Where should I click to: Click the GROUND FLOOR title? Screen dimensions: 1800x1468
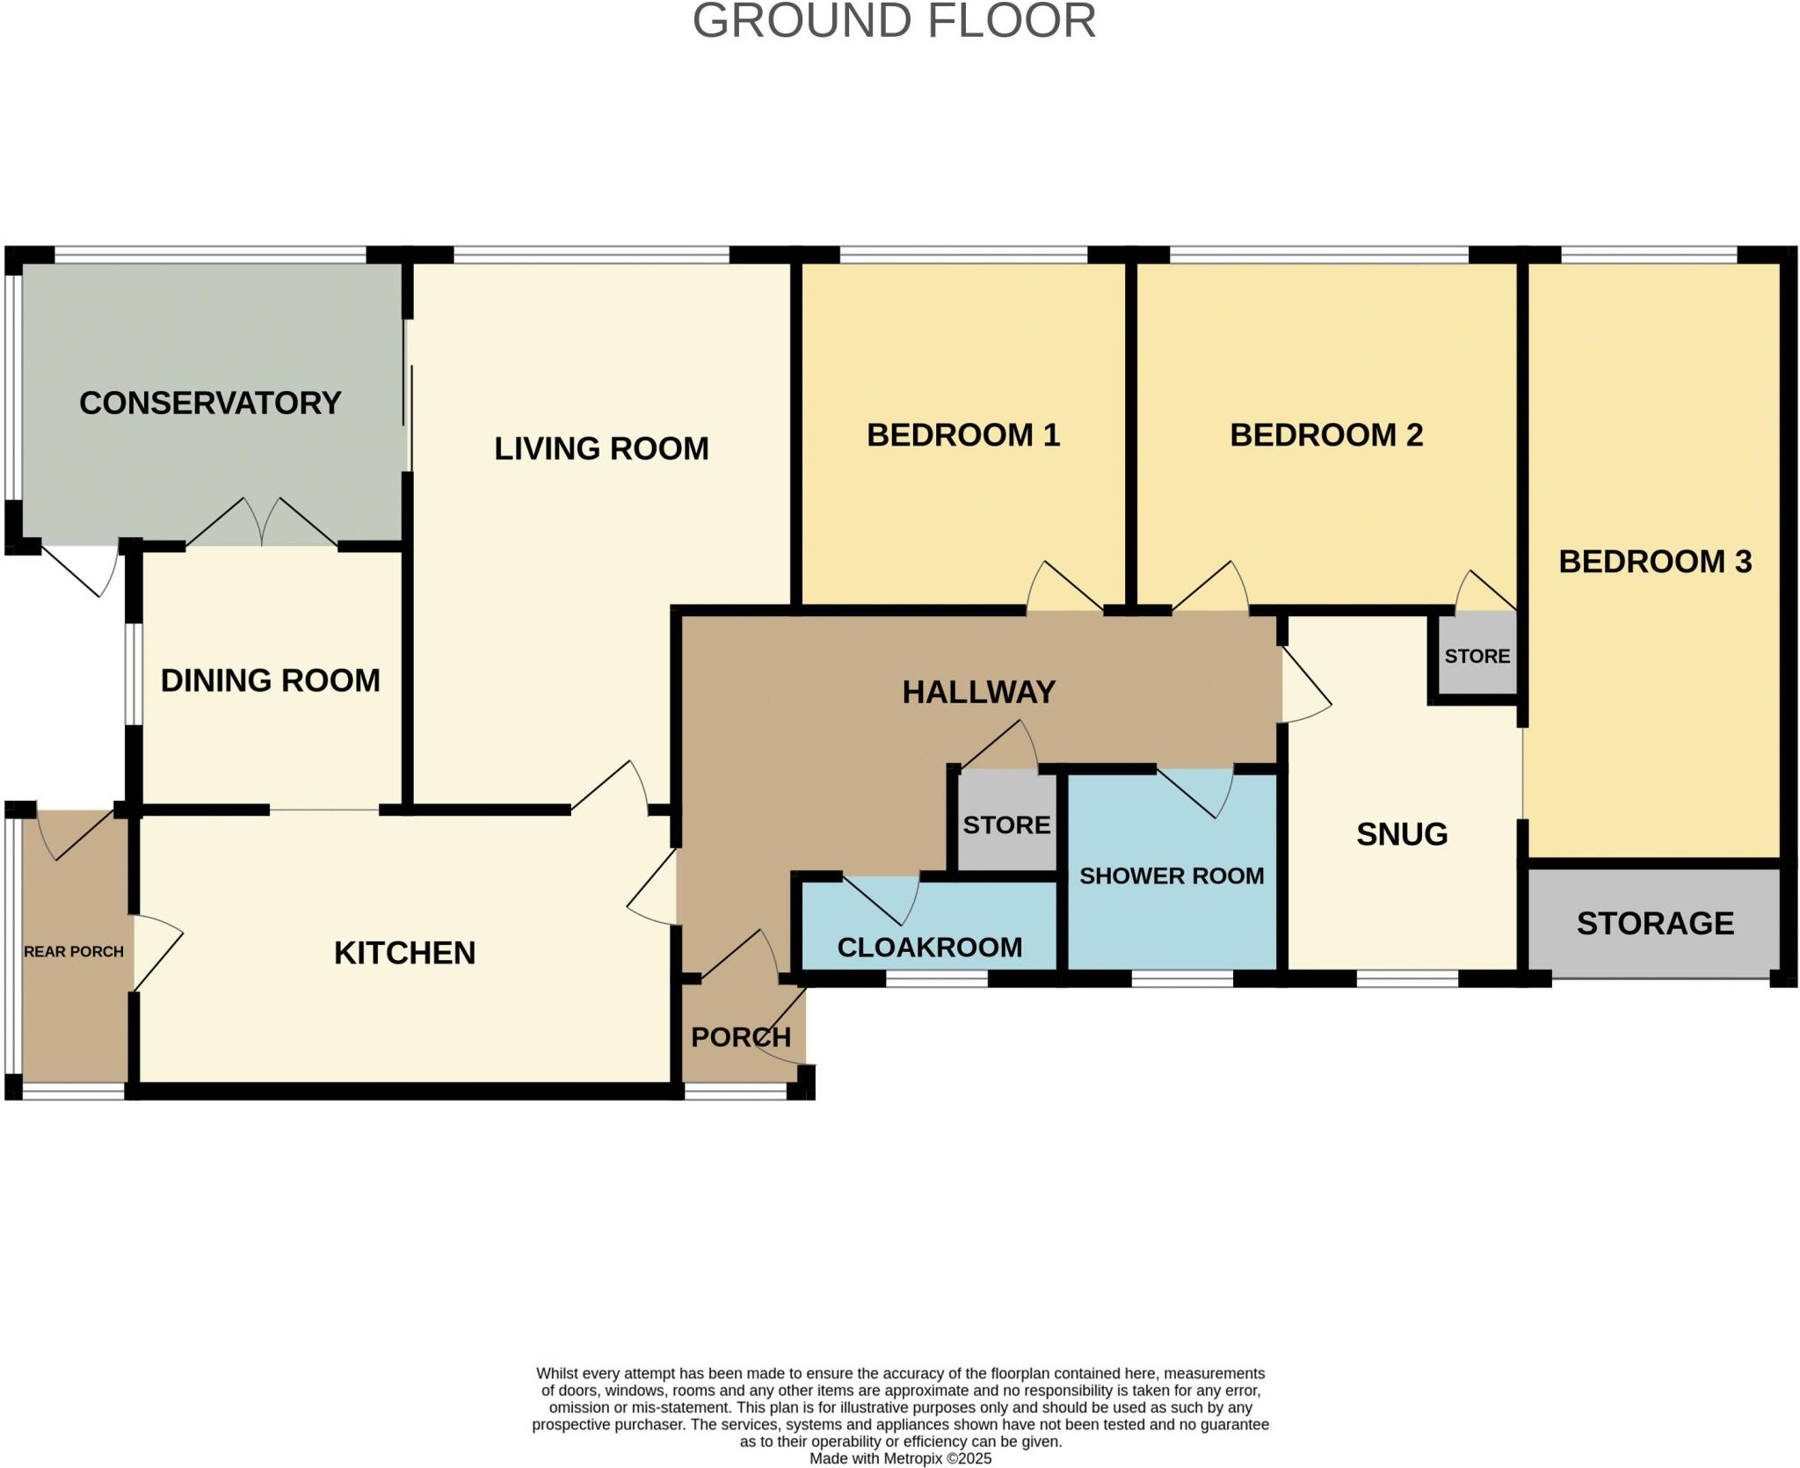coord(894,21)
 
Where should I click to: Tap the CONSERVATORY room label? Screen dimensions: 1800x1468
coord(210,403)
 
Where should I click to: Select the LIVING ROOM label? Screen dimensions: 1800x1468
coord(601,448)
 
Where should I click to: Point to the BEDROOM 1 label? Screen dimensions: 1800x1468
coord(963,435)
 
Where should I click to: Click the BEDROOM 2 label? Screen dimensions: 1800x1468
coord(1326,435)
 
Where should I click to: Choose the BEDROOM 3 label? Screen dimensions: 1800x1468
coord(1655,562)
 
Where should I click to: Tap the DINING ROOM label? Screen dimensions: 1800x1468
coord(271,680)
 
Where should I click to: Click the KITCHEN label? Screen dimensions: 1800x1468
coord(404,953)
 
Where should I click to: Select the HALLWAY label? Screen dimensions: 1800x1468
coord(978,693)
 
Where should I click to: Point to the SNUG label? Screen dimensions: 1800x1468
coord(1402,834)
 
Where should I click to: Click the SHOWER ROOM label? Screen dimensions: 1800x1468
coord(1172,876)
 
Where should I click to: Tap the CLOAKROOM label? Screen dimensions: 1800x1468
coord(930,948)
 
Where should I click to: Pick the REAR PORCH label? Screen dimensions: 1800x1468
coord(74,951)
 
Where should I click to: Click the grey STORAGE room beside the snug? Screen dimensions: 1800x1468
coord(1654,923)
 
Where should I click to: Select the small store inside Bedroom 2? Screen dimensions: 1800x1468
coord(1477,656)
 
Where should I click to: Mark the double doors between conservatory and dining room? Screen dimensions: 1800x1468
coord(262,522)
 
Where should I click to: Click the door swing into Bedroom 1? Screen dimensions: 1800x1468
coord(1064,586)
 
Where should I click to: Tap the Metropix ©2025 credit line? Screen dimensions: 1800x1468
coord(900,1458)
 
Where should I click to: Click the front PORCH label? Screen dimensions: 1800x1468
coord(741,1037)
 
